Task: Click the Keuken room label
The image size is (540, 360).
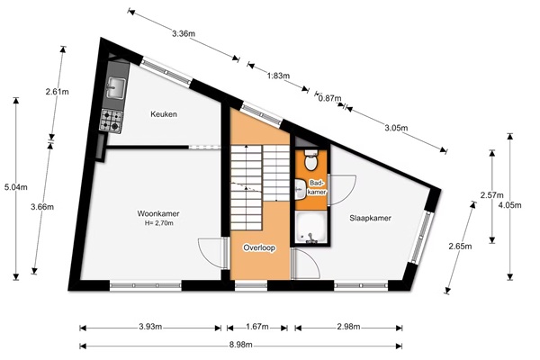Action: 164,114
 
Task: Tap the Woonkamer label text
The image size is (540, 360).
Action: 158,213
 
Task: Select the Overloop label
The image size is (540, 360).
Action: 259,247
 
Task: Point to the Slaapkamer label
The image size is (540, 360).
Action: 370,218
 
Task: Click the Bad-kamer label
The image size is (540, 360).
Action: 317,188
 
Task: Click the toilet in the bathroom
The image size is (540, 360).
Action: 311,160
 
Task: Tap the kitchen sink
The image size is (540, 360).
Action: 115,88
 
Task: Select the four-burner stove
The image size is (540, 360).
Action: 112,121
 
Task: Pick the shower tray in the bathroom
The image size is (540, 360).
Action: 310,228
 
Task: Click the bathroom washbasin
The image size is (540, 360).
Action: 300,189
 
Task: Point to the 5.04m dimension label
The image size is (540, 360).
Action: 16,187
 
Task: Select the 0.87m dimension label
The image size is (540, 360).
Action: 329,98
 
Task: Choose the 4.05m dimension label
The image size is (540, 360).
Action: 510,205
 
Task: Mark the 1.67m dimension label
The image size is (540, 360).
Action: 256,327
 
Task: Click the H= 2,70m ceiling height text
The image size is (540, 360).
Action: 158,223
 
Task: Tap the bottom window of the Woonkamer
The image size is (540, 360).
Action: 145,285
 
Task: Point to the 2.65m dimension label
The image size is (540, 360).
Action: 460,247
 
